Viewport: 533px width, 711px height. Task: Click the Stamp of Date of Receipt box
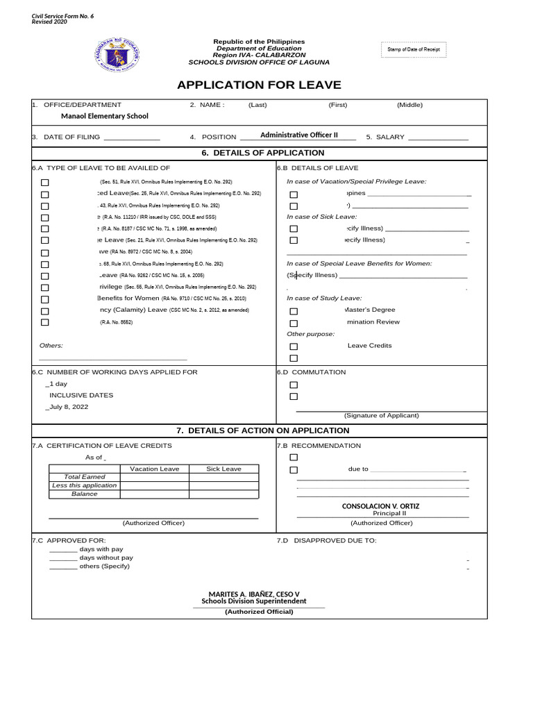[x=414, y=50]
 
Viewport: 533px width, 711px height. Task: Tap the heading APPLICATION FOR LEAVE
[x=259, y=85]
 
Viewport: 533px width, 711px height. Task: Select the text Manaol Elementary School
[x=105, y=116]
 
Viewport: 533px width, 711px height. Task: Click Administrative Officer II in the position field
[x=298, y=135]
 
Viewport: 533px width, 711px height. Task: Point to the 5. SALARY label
[x=385, y=137]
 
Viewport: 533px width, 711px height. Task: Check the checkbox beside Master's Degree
[x=294, y=312]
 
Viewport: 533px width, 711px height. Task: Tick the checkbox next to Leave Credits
[x=294, y=346]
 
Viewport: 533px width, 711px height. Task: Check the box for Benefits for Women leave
[x=45, y=299]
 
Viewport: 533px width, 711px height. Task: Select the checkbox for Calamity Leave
[x=45, y=311]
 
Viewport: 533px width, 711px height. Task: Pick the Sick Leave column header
[x=223, y=469]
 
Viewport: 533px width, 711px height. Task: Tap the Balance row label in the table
[x=85, y=494]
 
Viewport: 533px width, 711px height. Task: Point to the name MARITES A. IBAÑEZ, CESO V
[x=253, y=594]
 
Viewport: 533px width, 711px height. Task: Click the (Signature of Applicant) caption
[x=382, y=415]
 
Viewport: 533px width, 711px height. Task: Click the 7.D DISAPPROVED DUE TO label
[x=327, y=540]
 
